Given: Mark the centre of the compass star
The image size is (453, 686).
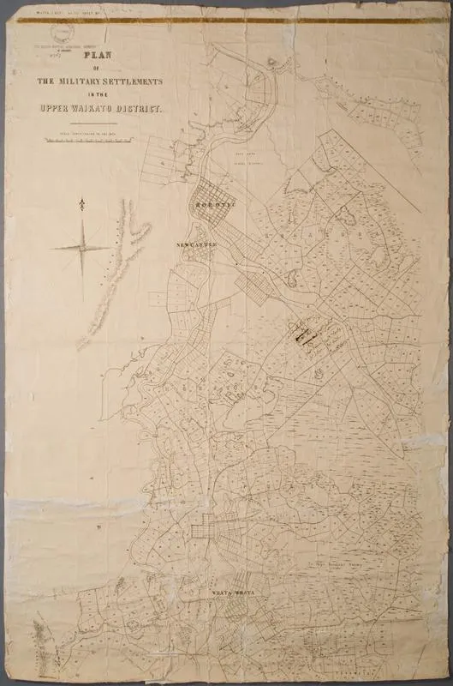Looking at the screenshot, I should pos(82,248).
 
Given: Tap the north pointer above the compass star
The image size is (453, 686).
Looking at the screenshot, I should pos(81,204).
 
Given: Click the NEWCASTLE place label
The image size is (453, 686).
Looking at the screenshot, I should pos(197,244).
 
